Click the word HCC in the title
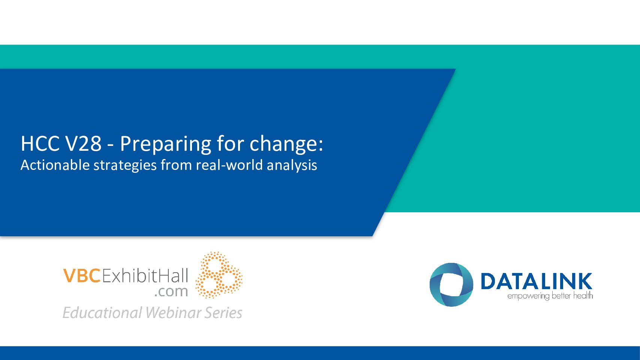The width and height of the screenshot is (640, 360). pyautogui.click(x=40, y=144)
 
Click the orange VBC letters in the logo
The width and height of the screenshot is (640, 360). pyautogui.click(x=82, y=276)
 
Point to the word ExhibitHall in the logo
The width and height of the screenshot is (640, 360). pyautogui.click(x=145, y=276)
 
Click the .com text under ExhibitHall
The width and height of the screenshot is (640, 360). pyautogui.click(x=171, y=291)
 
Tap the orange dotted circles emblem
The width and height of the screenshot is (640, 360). pyautogui.click(x=219, y=275)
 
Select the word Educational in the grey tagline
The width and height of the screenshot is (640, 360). pyautogui.click(x=102, y=313)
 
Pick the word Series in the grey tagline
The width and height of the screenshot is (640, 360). pyautogui.click(x=223, y=313)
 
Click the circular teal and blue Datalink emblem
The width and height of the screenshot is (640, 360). pyautogui.click(x=451, y=285)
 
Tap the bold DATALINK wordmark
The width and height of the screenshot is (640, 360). pyautogui.click(x=536, y=281)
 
